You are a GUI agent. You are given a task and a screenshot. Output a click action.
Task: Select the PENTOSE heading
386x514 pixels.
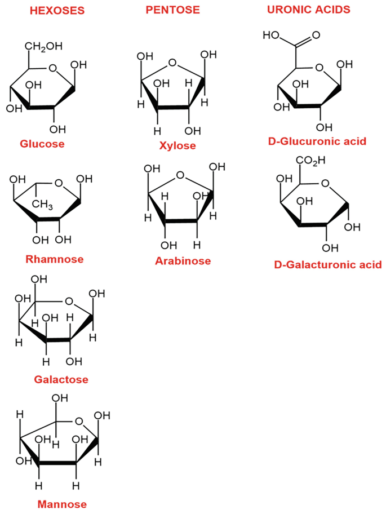(x=172, y=10)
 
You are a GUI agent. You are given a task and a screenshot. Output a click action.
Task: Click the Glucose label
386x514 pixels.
(x=42, y=144)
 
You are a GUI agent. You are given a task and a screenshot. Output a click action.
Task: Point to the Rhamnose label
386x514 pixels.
(x=54, y=259)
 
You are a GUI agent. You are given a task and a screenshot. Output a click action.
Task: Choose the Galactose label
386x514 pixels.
(x=61, y=379)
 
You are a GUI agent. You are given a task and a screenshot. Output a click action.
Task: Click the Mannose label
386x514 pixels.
(x=62, y=503)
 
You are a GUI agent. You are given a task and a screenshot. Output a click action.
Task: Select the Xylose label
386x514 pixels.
(x=178, y=145)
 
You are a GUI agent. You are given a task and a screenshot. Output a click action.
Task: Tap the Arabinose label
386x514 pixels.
(x=183, y=261)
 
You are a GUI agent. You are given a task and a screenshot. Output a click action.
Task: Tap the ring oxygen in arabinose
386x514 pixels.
(x=179, y=175)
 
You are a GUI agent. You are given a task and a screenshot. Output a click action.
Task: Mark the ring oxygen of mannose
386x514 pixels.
(x=79, y=421)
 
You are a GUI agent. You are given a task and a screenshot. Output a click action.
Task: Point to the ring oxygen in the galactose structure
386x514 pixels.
(x=69, y=300)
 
